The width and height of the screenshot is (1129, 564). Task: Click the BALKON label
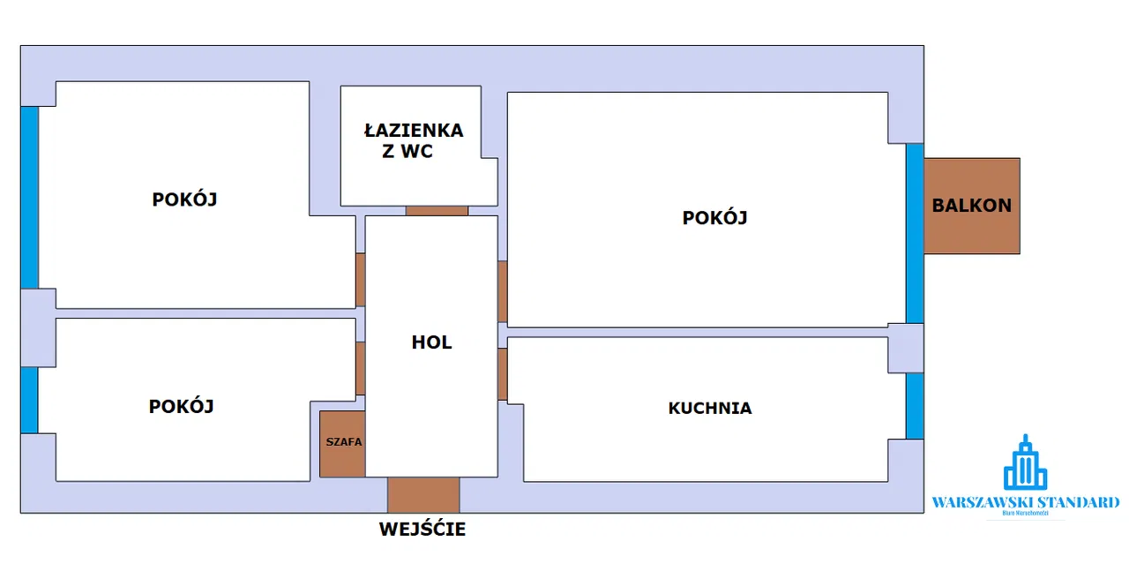[x=972, y=206]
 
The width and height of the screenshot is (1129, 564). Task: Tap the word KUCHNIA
[x=710, y=408]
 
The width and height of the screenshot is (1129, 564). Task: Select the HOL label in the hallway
[x=431, y=342]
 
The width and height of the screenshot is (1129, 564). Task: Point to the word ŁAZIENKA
[x=414, y=131]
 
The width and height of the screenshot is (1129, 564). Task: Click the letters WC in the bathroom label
[x=416, y=151]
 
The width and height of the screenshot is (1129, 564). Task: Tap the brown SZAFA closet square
[x=342, y=444]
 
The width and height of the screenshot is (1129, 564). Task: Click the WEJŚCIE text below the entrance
[x=422, y=530]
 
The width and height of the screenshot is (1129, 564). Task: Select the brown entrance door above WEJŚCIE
[x=423, y=495]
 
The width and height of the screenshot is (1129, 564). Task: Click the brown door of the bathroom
[x=437, y=211]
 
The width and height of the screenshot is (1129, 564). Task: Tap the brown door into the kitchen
[x=502, y=374]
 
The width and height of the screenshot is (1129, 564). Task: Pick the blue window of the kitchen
[x=915, y=406]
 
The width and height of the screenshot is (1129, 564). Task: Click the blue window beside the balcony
[x=915, y=233]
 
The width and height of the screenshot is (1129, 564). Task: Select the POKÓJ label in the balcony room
[x=714, y=217]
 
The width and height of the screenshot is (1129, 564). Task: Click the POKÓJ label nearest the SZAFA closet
[x=182, y=406]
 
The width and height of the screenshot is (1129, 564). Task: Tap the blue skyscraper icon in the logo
[x=1025, y=462]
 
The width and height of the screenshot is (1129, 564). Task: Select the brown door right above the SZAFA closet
[x=360, y=368]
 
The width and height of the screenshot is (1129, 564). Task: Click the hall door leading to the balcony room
[x=502, y=291]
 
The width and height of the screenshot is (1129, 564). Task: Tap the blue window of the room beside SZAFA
[x=29, y=400]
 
